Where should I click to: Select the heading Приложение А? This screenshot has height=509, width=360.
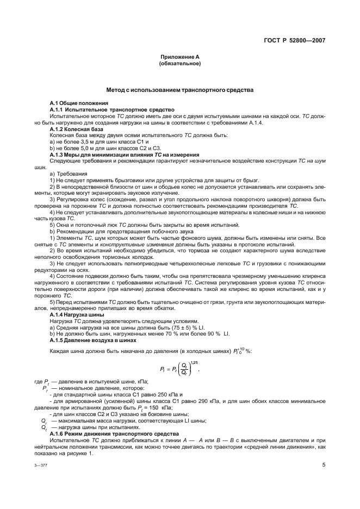pos(179,57)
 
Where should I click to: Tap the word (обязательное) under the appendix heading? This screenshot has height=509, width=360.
pos(179,64)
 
